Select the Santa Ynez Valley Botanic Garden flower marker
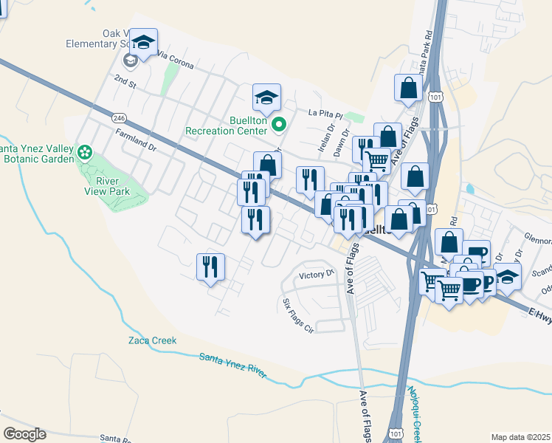(86, 153)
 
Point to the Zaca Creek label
(153, 340)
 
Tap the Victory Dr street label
(317, 275)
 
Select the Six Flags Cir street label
(299, 315)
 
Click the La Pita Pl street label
(325, 114)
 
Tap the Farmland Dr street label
(137, 140)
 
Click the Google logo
(25, 433)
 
